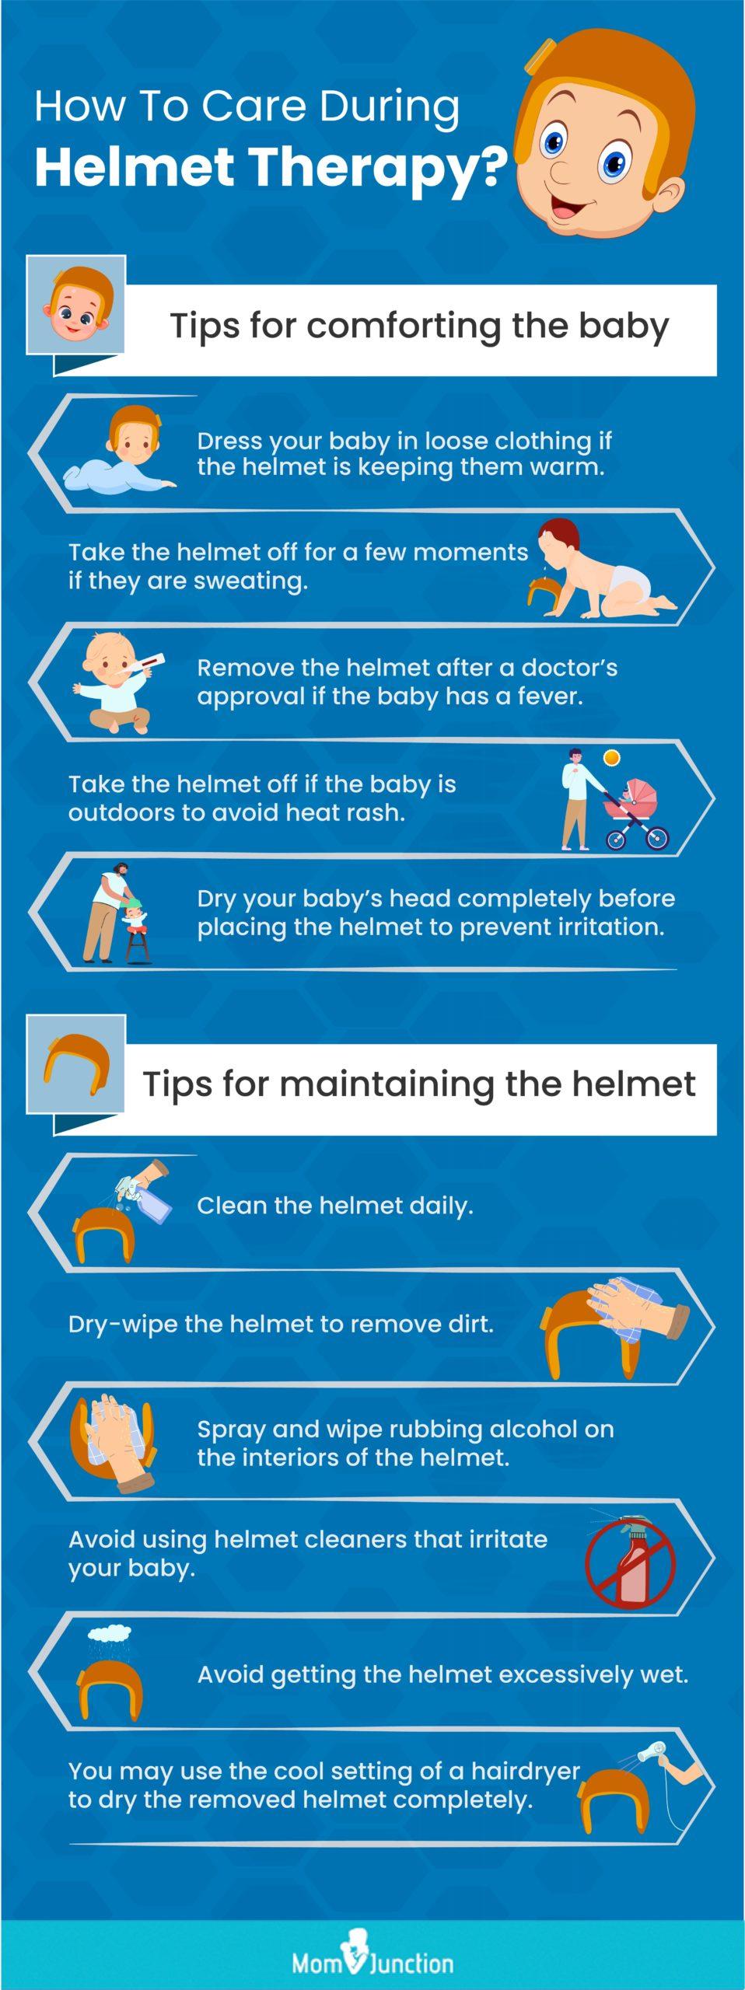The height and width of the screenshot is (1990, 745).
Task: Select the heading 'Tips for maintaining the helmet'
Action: click(419, 1084)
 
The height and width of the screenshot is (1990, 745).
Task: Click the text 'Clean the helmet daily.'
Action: click(335, 1206)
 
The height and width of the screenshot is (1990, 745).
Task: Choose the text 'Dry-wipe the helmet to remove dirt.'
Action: click(282, 1324)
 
